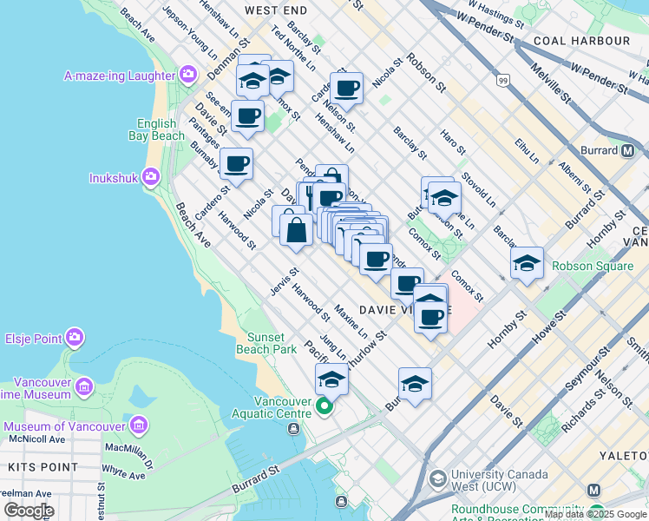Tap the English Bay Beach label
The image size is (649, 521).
[160, 129]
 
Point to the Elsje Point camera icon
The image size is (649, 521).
[74, 337]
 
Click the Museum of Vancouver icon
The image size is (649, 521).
[138, 425]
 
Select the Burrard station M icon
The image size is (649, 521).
[627, 150]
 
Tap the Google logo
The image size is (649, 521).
[28, 511]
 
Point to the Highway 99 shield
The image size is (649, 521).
[502, 81]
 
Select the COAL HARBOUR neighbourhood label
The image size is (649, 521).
[581, 41]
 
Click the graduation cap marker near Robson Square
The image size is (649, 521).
[527, 263]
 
